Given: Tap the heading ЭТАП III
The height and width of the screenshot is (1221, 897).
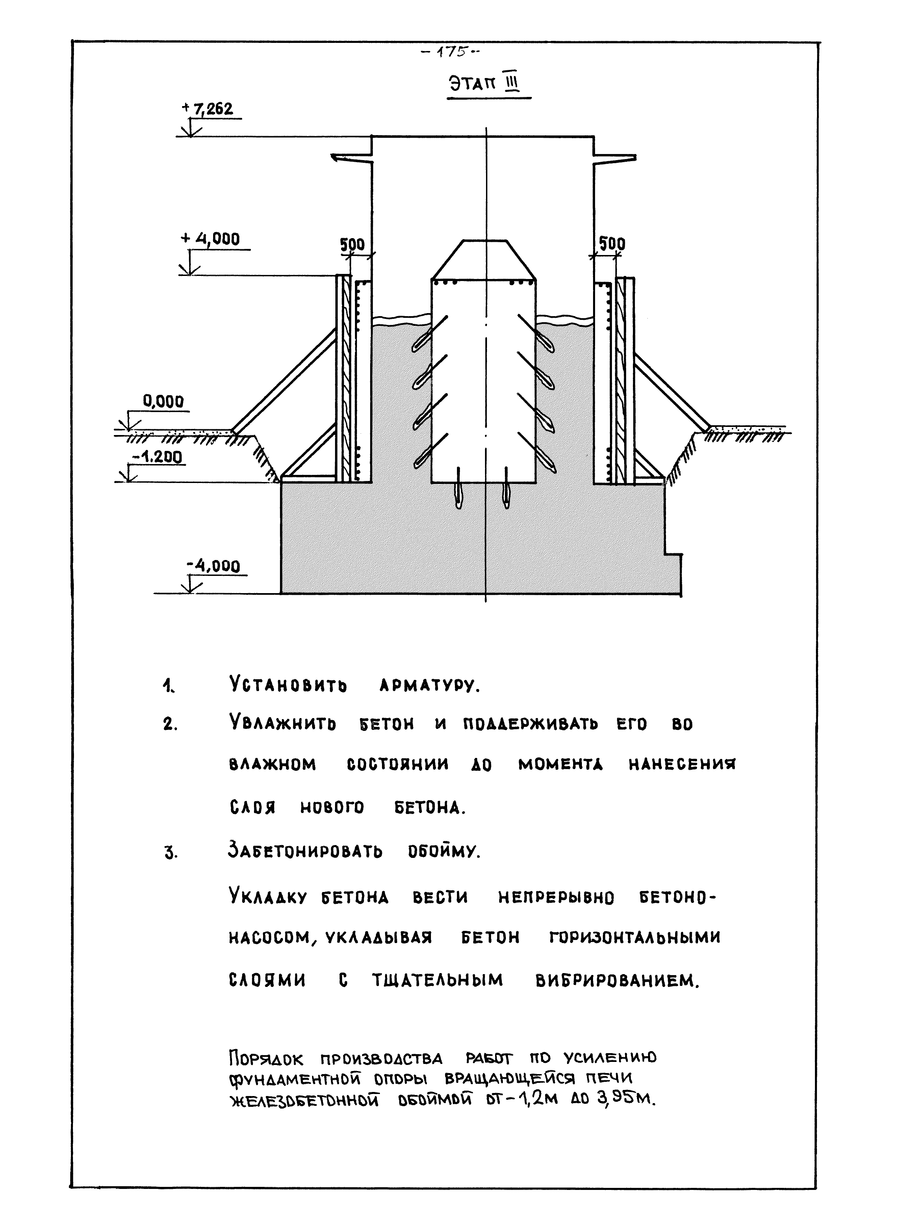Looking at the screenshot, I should [x=484, y=84].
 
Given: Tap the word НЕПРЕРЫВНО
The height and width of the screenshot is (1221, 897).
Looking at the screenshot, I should [x=556, y=898].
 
